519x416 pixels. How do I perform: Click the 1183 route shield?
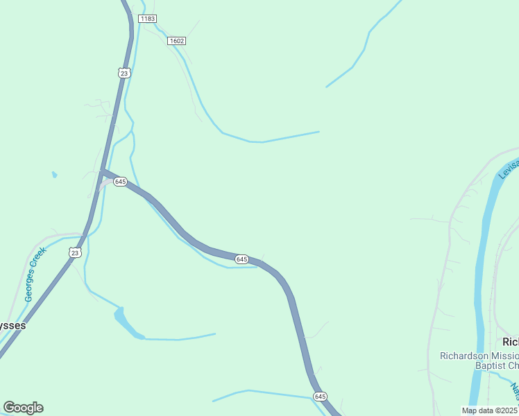(x=147, y=18)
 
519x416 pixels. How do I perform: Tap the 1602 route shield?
(x=176, y=41)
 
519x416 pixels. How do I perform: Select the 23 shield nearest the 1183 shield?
(x=124, y=72)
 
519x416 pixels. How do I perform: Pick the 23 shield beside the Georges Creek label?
(x=75, y=252)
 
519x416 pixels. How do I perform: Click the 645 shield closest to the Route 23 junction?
(x=120, y=182)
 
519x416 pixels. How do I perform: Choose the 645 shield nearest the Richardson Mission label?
(x=319, y=397)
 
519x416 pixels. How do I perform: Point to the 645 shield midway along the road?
(x=241, y=259)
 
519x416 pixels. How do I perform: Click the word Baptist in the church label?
(x=491, y=365)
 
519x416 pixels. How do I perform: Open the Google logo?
(x=23, y=408)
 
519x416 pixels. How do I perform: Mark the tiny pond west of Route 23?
(x=54, y=175)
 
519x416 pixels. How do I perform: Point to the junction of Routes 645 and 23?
(x=103, y=171)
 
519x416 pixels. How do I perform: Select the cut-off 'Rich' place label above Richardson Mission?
(x=510, y=342)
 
